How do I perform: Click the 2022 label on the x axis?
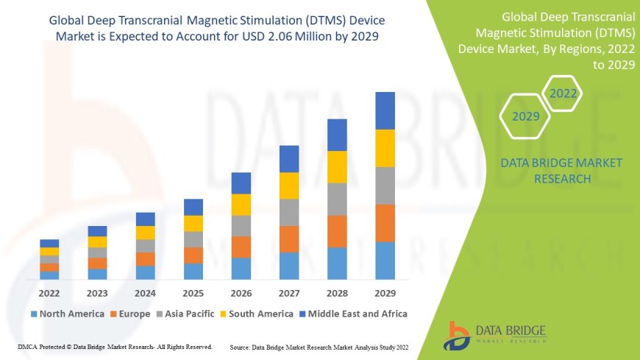point(49,292)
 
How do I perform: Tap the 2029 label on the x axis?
point(385,292)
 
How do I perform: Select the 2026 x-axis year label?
point(241,292)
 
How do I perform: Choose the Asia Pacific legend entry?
point(193,314)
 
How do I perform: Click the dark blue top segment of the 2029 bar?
point(385,110)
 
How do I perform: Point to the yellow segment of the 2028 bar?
point(337,166)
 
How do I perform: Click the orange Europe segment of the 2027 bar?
point(289,239)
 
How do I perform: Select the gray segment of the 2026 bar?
point(241,225)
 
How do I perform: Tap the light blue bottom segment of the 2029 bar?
point(385,261)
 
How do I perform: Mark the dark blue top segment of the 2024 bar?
point(146,219)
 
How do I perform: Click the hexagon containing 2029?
point(526,116)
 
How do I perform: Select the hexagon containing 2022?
point(563,93)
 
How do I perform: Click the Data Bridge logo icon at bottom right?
point(458,335)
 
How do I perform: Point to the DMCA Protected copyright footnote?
point(115,346)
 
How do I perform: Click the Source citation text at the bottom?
point(319,346)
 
